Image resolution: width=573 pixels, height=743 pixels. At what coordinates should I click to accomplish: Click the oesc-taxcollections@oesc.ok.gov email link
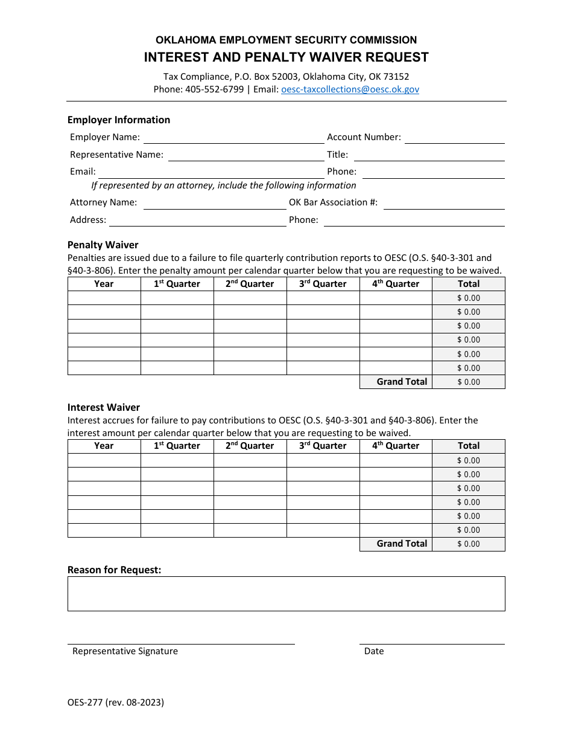click(x=350, y=89)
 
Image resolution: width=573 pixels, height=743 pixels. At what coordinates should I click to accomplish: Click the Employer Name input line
click(x=233, y=138)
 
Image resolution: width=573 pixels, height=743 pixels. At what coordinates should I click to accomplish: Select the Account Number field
click(x=454, y=138)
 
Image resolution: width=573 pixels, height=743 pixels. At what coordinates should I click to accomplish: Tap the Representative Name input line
click(x=246, y=155)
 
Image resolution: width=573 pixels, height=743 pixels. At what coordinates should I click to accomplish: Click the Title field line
click(x=428, y=155)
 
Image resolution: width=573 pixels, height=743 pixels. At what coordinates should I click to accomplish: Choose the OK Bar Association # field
click(x=443, y=203)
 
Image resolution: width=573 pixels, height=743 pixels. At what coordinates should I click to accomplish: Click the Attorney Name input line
click(x=214, y=203)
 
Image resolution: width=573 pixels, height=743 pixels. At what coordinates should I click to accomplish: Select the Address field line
click(x=197, y=220)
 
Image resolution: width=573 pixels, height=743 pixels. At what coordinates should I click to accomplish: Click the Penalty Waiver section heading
click(x=103, y=245)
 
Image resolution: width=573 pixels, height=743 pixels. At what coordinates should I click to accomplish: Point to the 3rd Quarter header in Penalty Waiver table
click(x=323, y=284)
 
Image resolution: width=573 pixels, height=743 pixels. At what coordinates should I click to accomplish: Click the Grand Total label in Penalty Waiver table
click(x=402, y=382)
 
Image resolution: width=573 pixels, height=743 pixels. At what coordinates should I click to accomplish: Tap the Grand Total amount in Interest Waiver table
click(x=469, y=544)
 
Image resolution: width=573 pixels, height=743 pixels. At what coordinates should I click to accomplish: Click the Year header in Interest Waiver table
click(x=104, y=446)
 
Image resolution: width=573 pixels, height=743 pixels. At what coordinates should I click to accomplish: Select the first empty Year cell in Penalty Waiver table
click(x=104, y=298)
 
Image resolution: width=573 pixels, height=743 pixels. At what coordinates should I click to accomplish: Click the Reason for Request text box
click(x=286, y=594)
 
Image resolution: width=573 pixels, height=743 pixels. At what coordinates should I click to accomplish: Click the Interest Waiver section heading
click(x=104, y=407)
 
